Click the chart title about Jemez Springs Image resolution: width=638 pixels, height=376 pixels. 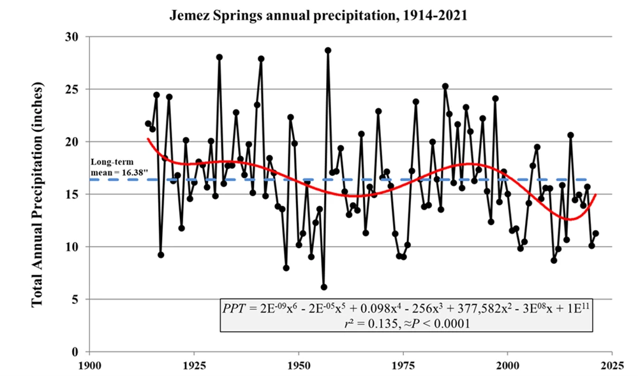point(318,15)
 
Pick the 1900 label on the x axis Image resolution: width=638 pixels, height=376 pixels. point(89,366)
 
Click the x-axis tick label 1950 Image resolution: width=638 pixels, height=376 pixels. point(298,366)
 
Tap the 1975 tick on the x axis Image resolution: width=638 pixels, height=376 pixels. point(403,366)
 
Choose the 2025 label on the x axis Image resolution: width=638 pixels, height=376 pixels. point(612,366)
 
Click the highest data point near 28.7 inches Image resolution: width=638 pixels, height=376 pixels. point(328,50)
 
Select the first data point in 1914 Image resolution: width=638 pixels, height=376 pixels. point(148,124)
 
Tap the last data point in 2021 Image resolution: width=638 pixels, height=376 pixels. point(595,233)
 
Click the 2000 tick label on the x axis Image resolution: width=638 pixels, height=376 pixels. point(507,366)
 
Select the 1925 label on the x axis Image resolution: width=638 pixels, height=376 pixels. point(193,366)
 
